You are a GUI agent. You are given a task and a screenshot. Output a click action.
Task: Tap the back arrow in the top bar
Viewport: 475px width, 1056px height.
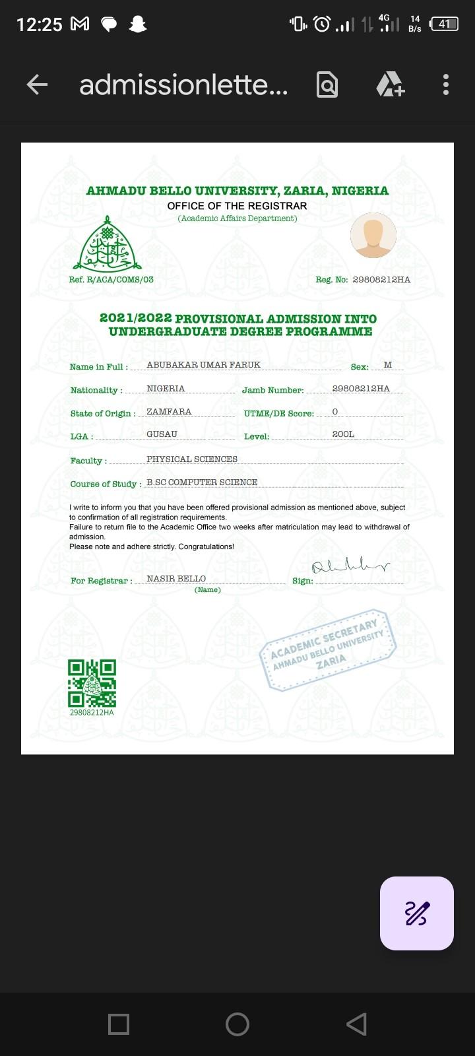coord(37,84)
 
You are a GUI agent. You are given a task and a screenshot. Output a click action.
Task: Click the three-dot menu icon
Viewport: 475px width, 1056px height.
coord(446,84)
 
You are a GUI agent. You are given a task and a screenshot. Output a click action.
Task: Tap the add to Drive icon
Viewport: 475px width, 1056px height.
coord(390,84)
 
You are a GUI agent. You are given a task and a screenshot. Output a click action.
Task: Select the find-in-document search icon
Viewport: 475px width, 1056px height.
coord(327,85)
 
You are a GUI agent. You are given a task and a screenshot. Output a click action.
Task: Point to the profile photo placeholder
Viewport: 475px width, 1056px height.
coord(373,235)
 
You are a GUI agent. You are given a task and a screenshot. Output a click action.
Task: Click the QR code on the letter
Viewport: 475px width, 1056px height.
coord(92,683)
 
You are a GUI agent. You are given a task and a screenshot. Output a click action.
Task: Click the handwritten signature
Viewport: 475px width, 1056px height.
coord(350,567)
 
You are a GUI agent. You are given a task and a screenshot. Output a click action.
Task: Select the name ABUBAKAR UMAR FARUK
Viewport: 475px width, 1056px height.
coord(203,365)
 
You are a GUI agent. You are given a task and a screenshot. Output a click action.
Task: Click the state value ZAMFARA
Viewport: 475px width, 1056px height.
coord(169,412)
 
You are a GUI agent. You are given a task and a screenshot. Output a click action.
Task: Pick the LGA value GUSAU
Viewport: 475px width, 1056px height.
coord(162,434)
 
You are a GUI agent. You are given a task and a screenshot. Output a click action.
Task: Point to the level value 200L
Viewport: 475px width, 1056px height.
coord(343,434)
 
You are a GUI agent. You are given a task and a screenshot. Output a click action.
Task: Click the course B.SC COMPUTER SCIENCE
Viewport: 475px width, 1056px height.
coord(202,482)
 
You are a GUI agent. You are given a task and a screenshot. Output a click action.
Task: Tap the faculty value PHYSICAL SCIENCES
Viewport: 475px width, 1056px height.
coord(192,459)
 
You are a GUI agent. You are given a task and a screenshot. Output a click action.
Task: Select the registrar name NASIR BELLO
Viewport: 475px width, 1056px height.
coord(176,579)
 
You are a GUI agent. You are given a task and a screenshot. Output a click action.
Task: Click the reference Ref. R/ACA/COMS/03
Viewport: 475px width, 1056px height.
coord(111,280)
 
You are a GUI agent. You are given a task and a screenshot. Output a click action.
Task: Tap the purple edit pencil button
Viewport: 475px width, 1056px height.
coord(417,913)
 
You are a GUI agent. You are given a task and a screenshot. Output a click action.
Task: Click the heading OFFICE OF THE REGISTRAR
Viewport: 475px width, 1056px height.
coord(237,206)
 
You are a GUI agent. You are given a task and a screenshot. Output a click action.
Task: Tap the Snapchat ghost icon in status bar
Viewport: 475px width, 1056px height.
coord(138,24)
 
